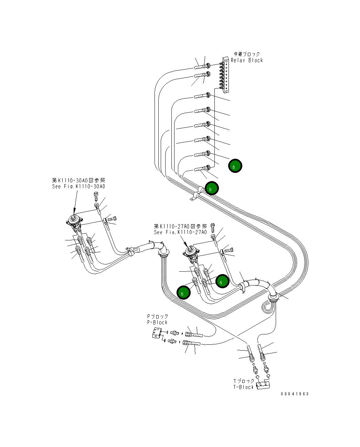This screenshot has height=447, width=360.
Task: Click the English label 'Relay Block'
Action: click(247, 60)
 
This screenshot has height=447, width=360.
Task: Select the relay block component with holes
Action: click(226, 75)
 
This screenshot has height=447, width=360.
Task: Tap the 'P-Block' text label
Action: click(157, 322)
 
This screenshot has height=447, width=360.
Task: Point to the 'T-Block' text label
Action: click(244, 387)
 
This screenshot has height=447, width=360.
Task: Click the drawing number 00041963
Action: click(295, 394)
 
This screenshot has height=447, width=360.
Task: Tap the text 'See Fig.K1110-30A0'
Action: click(79, 186)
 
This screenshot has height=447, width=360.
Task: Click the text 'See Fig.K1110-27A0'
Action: click(180, 232)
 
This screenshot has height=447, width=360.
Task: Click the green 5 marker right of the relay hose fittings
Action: click(235, 166)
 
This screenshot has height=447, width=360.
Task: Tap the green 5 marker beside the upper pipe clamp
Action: click(212, 188)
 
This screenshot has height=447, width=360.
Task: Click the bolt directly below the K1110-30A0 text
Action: click(96, 197)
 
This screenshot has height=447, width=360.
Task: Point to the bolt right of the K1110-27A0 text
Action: click(213, 228)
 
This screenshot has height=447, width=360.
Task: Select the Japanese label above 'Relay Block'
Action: click(247, 54)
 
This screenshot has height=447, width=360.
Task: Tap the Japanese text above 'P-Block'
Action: click(158, 316)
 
